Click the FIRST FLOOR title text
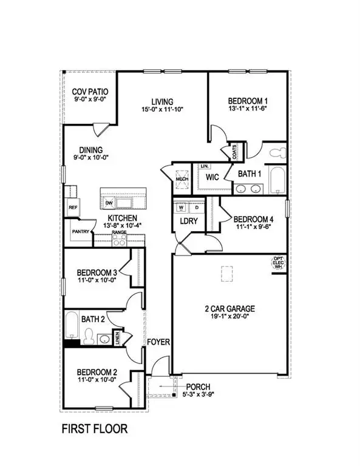click(95, 429)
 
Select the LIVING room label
click(163, 101)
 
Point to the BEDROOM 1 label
click(247, 101)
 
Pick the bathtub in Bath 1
click(276, 181)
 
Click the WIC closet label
click(212, 177)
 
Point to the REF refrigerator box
click(73, 207)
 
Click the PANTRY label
click(80, 231)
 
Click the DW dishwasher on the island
click(109, 202)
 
